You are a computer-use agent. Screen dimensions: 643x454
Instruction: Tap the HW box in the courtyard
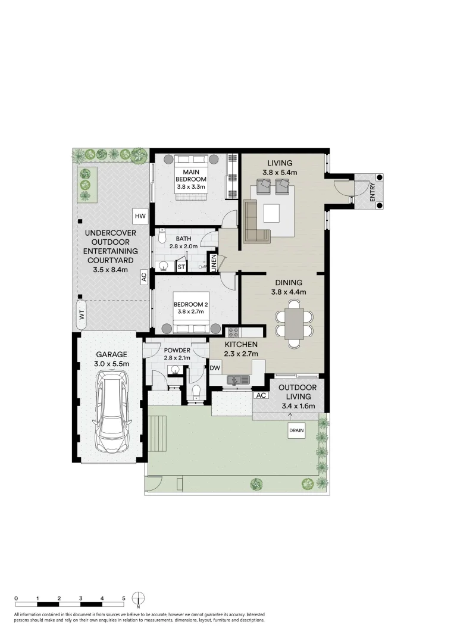tap(140, 216)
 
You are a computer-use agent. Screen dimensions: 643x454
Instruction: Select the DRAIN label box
tap(296, 430)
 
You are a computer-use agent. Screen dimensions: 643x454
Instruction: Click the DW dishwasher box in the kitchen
tap(215, 369)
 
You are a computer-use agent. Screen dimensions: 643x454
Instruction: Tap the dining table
tap(295, 323)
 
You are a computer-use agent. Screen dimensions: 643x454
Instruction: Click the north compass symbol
tap(139, 599)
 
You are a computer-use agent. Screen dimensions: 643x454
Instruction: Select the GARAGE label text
tap(112, 354)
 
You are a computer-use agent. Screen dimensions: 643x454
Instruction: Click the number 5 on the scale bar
tap(124, 598)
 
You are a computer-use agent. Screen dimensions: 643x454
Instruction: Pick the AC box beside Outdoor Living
tap(261, 395)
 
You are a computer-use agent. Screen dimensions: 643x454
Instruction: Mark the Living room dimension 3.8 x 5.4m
tap(280, 173)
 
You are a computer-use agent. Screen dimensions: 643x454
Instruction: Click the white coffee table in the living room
tap(271, 213)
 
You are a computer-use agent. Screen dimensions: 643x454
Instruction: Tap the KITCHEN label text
tap(241, 345)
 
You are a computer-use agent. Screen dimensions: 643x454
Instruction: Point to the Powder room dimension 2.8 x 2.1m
tap(177, 358)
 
